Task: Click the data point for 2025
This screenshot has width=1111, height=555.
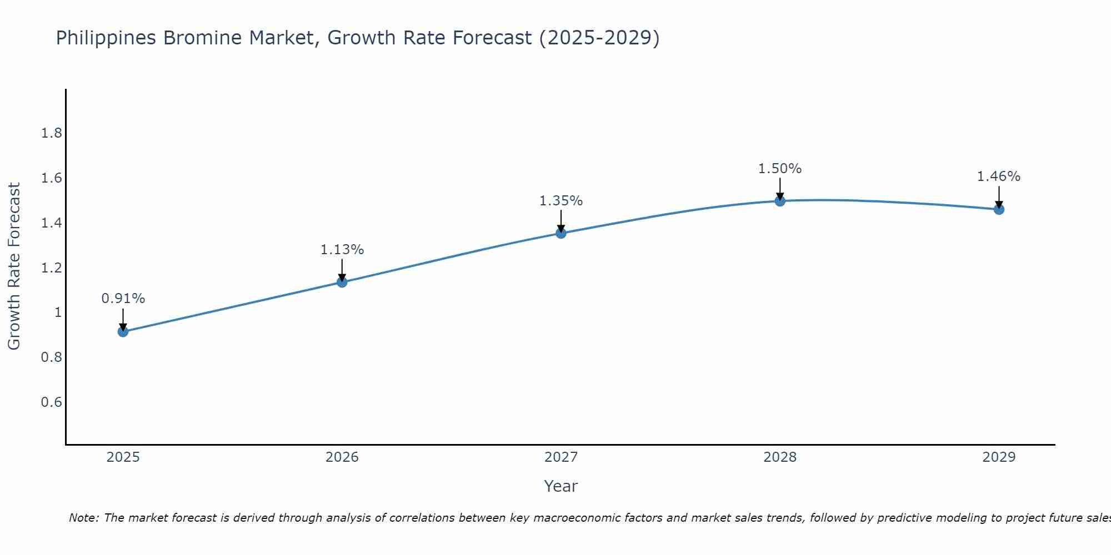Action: click(x=123, y=332)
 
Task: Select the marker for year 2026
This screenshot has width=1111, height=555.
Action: click(x=342, y=282)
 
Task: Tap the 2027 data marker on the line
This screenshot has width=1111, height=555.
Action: click(x=561, y=233)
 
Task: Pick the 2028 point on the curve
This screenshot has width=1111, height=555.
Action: click(x=780, y=201)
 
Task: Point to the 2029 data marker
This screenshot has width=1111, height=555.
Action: click(x=999, y=209)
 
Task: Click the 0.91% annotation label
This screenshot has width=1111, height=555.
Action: click(x=123, y=299)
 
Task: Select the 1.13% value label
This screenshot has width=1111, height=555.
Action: click(x=342, y=250)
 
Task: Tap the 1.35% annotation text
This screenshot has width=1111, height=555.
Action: click(x=561, y=201)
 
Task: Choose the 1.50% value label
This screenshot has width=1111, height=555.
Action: click(x=780, y=169)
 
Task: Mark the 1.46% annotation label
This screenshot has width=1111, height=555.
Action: click(x=999, y=176)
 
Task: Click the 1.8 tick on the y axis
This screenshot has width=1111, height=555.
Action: click(x=52, y=133)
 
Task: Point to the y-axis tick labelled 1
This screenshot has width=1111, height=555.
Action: click(x=58, y=312)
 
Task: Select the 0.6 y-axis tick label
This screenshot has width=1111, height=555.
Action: click(x=52, y=402)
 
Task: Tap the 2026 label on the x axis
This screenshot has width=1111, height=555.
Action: click(x=342, y=457)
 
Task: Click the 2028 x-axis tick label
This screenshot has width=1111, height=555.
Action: click(x=780, y=457)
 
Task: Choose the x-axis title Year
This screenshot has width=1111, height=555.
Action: click(x=561, y=486)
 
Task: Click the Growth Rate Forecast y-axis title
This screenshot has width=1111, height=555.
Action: click(x=14, y=266)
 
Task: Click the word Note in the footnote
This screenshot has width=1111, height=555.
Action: click(x=83, y=518)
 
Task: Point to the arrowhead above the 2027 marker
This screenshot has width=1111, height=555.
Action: click(x=561, y=228)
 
